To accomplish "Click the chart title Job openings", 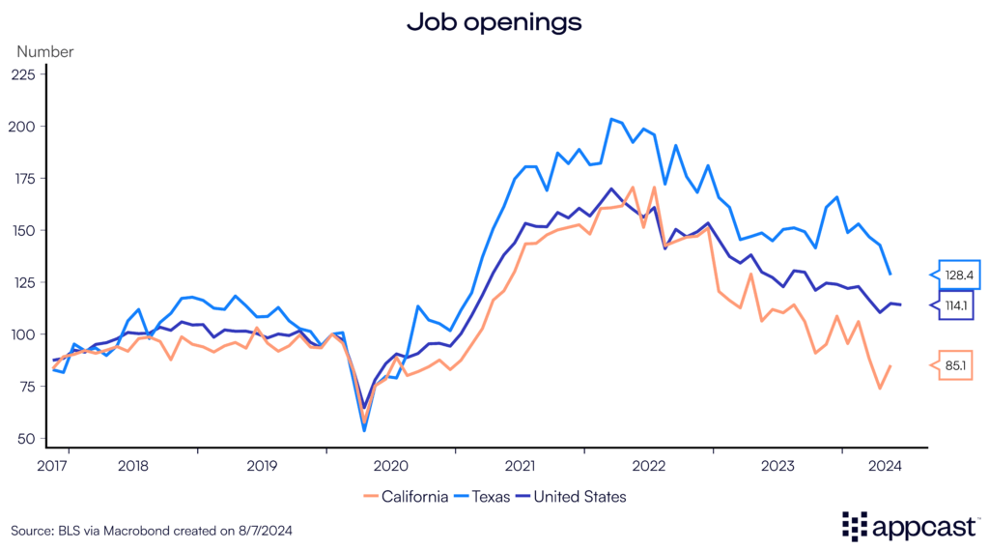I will [494, 22].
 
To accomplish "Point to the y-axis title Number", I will [44, 52].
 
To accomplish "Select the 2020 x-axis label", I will [391, 465].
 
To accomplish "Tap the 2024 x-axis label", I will [885, 465].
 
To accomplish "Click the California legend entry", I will [406, 497].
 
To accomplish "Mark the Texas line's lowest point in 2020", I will [364, 430].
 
